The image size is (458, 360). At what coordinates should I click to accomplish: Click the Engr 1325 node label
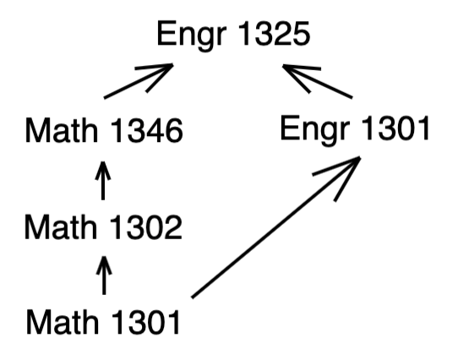(233, 35)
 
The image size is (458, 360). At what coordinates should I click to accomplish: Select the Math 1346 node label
(104, 130)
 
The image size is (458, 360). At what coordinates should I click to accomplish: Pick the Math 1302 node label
(104, 226)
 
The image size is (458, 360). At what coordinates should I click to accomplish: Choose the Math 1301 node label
(103, 321)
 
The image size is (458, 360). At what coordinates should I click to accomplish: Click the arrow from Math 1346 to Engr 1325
(139, 80)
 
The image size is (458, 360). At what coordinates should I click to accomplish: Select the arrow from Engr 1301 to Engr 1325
(318, 81)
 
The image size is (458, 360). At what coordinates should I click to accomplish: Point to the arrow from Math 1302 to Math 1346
(103, 181)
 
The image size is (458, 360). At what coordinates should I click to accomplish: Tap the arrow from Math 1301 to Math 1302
(104, 275)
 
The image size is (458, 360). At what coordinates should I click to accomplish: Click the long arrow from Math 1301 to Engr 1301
(276, 227)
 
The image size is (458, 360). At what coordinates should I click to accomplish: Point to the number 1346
(147, 130)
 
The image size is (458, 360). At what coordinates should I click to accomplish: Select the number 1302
(146, 226)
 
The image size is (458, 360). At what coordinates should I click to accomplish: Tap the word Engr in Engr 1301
(315, 130)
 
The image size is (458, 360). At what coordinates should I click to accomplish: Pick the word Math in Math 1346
(62, 130)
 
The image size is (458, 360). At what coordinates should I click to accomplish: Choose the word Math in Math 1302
(61, 226)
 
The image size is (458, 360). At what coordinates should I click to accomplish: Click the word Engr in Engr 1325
(192, 36)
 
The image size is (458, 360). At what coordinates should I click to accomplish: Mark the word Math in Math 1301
(62, 321)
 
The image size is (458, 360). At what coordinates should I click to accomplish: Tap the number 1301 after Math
(145, 321)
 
